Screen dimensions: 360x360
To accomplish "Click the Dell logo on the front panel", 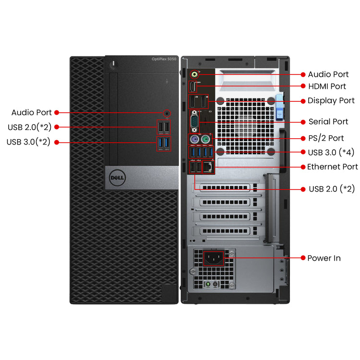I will point(118,178).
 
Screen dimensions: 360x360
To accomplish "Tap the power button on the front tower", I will point(112,63).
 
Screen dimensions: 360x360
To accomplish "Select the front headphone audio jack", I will point(167,113).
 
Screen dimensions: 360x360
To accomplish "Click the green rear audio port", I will point(194,74).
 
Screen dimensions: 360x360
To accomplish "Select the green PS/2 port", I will point(205,139).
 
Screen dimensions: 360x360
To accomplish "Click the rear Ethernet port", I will point(208,167).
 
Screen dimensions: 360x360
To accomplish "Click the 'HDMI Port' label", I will point(327,86).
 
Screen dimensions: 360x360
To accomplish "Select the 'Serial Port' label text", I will point(328,122).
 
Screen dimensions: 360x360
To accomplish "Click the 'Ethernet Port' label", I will point(332,167).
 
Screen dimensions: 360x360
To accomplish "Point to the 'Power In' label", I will point(324,258).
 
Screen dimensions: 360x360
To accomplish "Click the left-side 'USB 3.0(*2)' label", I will point(28,142).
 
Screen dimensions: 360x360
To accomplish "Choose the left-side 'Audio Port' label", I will point(32,112).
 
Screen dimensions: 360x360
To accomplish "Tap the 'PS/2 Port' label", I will point(326,138).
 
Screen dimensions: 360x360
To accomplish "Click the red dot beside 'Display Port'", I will point(303,101).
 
